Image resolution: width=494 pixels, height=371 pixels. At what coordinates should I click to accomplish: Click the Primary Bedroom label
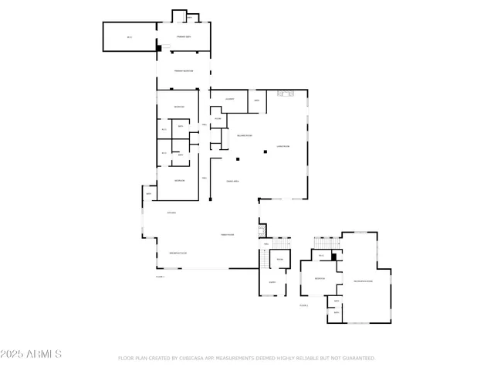183,71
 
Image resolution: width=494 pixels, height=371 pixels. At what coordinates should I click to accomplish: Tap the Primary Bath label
183,36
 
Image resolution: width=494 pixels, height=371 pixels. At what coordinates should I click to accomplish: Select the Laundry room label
229,100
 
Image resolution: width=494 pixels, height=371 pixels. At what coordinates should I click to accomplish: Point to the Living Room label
283,146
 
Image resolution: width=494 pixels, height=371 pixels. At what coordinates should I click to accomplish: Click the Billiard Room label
244,136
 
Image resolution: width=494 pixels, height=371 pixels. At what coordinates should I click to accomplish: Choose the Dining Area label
232,181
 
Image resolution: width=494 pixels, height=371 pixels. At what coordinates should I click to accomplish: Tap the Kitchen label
172,213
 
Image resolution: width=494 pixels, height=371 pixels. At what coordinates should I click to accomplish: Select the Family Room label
227,234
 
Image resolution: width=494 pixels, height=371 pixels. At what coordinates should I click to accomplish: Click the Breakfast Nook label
178,254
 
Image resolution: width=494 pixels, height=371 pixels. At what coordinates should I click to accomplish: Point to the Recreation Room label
362,281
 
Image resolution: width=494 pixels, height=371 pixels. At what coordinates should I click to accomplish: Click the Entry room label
272,283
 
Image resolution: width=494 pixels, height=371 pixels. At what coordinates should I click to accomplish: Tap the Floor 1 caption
160,275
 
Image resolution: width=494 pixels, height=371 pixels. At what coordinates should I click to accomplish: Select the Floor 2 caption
303,306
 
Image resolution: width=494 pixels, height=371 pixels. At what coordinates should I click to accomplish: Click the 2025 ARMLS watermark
31,354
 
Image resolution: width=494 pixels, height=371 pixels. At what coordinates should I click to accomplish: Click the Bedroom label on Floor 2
320,279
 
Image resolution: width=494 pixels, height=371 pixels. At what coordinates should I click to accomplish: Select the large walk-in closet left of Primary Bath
130,37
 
